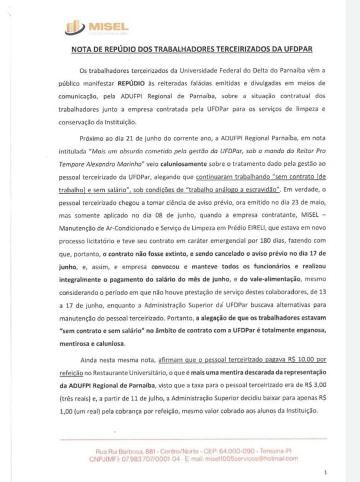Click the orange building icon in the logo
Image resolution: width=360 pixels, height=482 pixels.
coord(71,26)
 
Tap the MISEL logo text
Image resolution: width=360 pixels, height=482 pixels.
coord(100,25)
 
